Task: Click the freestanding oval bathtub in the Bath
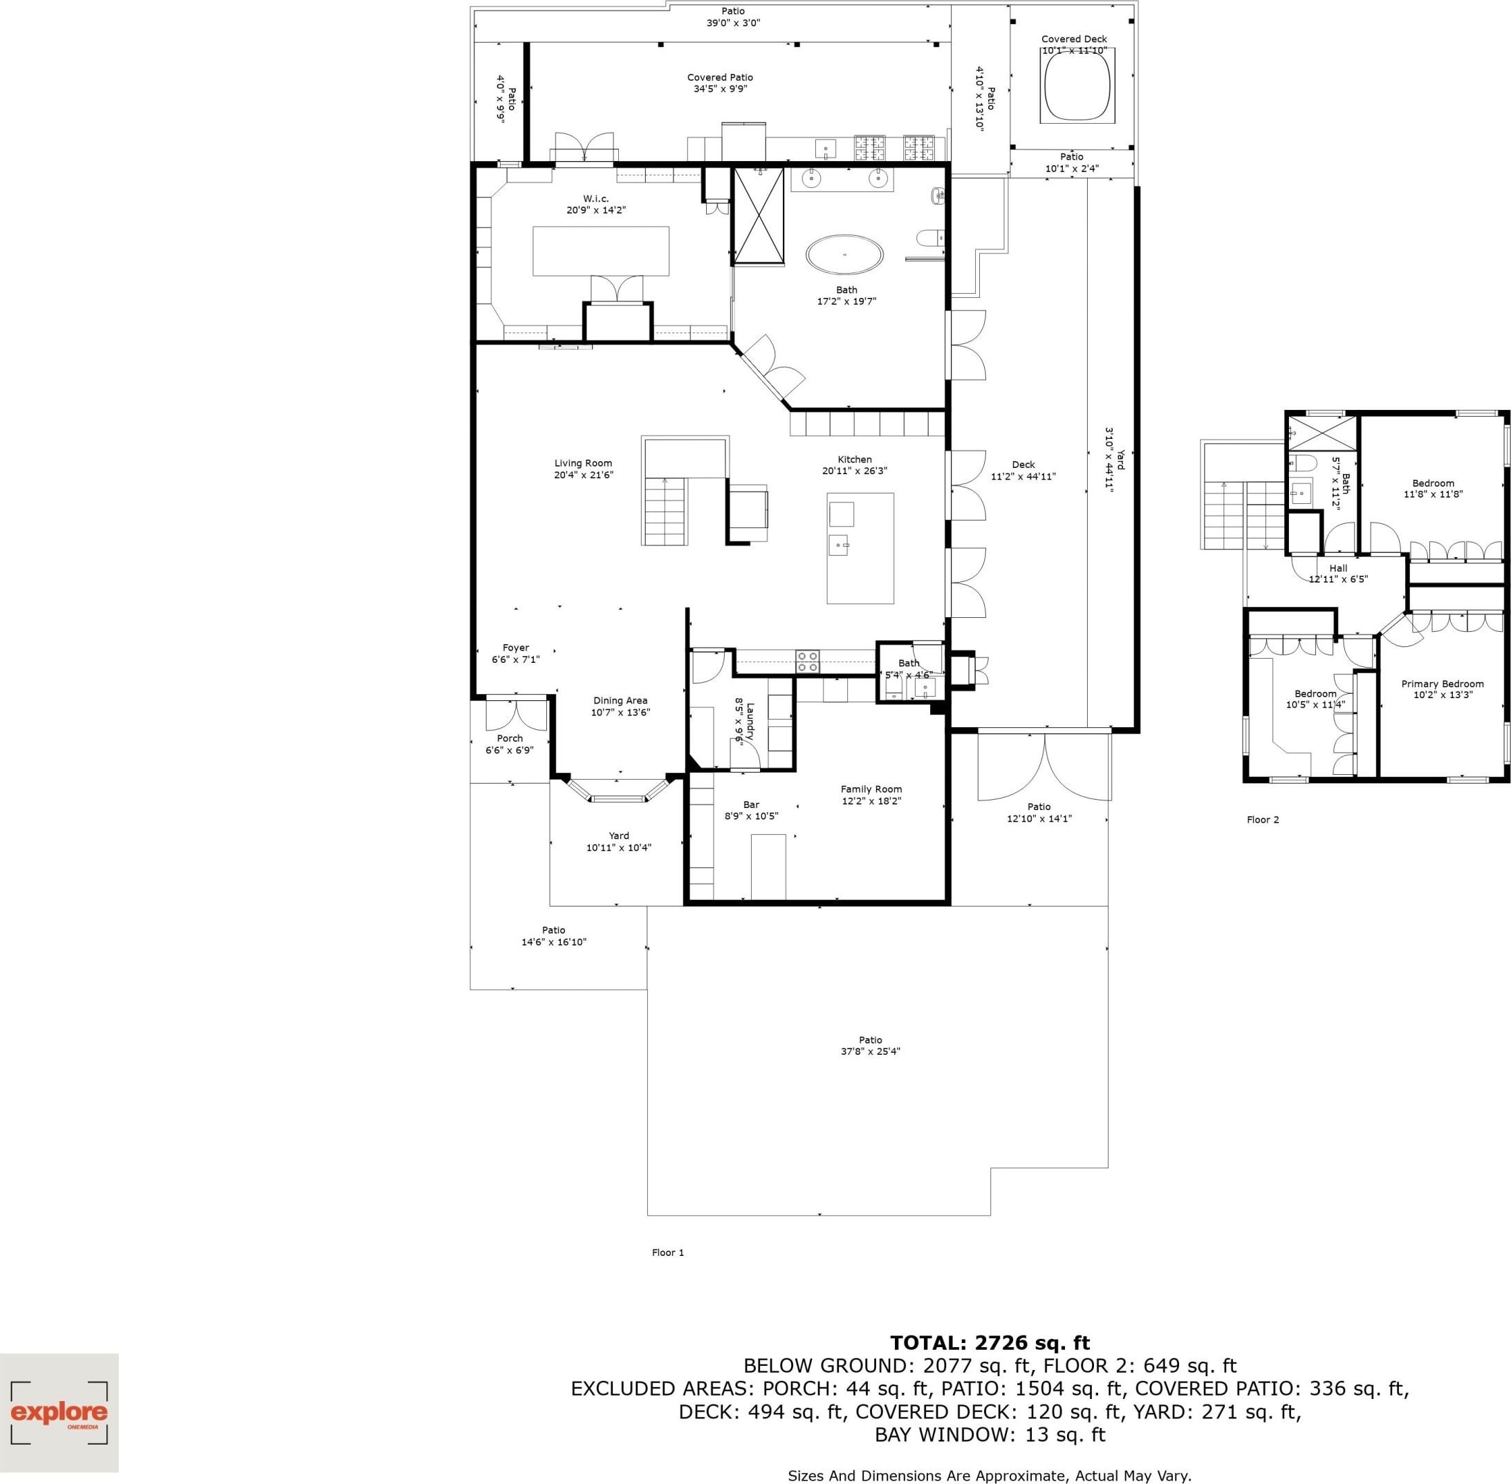pos(845,255)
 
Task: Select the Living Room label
pos(583,463)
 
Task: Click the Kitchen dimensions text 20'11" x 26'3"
pos(855,471)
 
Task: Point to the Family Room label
pos(871,789)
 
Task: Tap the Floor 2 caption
pos(1263,819)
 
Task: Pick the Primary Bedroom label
pos(1443,684)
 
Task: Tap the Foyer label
pos(515,648)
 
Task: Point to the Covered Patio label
pos(720,77)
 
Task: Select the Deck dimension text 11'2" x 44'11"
pos(1023,476)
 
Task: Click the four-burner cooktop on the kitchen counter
pos(808,661)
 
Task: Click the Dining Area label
pos(620,701)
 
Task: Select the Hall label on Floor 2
pos(1338,568)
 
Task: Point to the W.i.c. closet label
pos(595,199)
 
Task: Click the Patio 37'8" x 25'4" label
pos(870,1045)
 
